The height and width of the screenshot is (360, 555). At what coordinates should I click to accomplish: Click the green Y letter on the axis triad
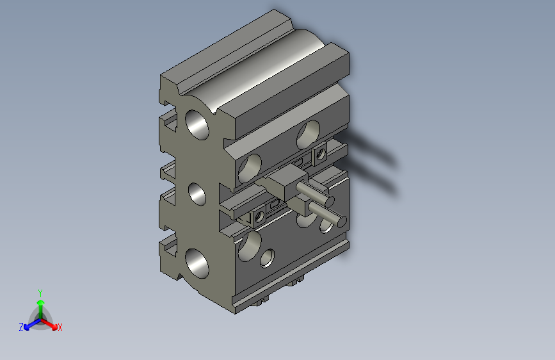(40, 292)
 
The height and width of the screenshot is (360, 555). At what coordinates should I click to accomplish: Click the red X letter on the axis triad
(60, 328)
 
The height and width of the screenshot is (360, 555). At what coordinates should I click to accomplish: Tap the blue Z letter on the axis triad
(21, 327)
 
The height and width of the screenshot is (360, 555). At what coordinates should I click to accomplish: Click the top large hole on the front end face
(197, 124)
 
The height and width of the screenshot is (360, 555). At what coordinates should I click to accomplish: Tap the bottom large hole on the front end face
(197, 263)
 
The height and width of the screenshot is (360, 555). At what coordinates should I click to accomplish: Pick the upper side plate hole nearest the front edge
(250, 166)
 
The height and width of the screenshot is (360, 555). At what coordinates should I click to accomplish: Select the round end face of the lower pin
(341, 222)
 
